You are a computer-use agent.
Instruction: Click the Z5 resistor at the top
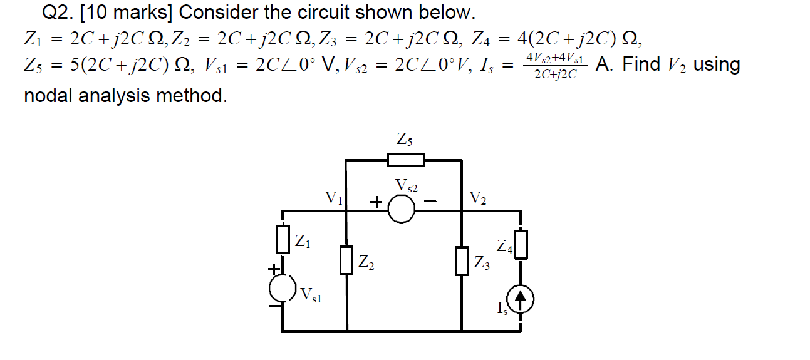tap(406, 161)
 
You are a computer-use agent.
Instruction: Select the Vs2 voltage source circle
tap(402, 210)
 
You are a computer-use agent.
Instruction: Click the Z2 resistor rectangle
tap(346, 260)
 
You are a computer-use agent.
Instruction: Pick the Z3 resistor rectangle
tap(462, 261)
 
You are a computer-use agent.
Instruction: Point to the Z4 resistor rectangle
tap(521, 244)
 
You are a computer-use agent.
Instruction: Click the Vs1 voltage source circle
tap(282, 287)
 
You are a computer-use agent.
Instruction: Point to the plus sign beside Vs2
tap(375, 202)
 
